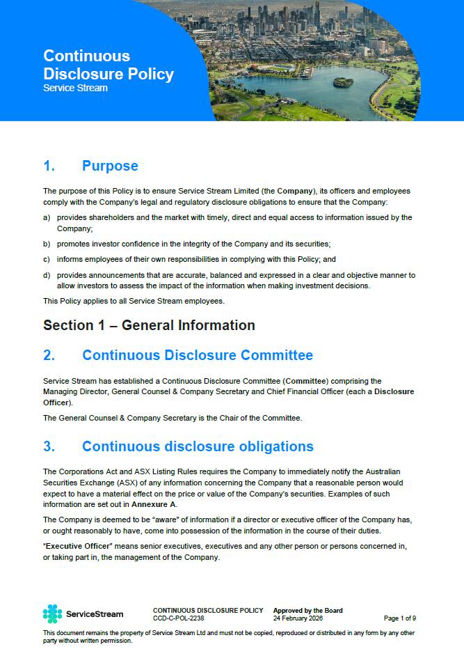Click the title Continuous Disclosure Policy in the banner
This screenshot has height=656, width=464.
click(x=108, y=65)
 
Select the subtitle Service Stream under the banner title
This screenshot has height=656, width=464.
click(x=75, y=88)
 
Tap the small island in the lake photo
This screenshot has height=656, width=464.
click(x=343, y=82)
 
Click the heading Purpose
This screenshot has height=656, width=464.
click(x=110, y=166)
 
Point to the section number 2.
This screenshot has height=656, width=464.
click(x=49, y=355)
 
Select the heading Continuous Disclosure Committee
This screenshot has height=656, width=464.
click(x=198, y=355)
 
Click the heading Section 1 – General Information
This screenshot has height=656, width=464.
click(x=149, y=325)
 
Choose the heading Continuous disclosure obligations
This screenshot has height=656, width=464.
click(x=198, y=446)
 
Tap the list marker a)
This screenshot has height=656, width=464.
click(x=47, y=217)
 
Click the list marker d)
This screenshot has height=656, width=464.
click(x=47, y=275)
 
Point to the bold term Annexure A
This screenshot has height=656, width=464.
click(x=154, y=503)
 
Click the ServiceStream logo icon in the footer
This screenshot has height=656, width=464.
click(x=52, y=614)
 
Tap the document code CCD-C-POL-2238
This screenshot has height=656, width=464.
click(x=179, y=618)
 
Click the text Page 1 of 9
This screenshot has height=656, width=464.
click(x=400, y=618)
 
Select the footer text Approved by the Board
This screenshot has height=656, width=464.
click(x=307, y=611)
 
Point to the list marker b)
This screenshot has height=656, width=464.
click(x=47, y=244)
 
